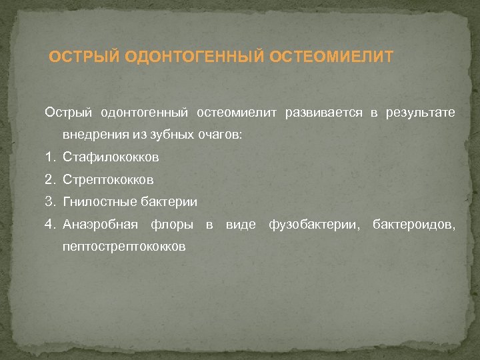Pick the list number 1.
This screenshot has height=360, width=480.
click(x=50, y=157)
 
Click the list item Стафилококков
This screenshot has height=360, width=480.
click(x=111, y=157)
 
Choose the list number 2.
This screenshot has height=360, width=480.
click(x=50, y=179)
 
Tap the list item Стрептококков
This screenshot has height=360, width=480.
click(x=108, y=179)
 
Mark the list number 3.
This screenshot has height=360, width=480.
click(x=50, y=201)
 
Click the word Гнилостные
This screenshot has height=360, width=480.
click(x=96, y=201)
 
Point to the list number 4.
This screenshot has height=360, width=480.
click(x=50, y=224)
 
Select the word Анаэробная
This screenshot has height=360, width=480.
click(x=100, y=224)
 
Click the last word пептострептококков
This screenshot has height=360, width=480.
click(x=123, y=247)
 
